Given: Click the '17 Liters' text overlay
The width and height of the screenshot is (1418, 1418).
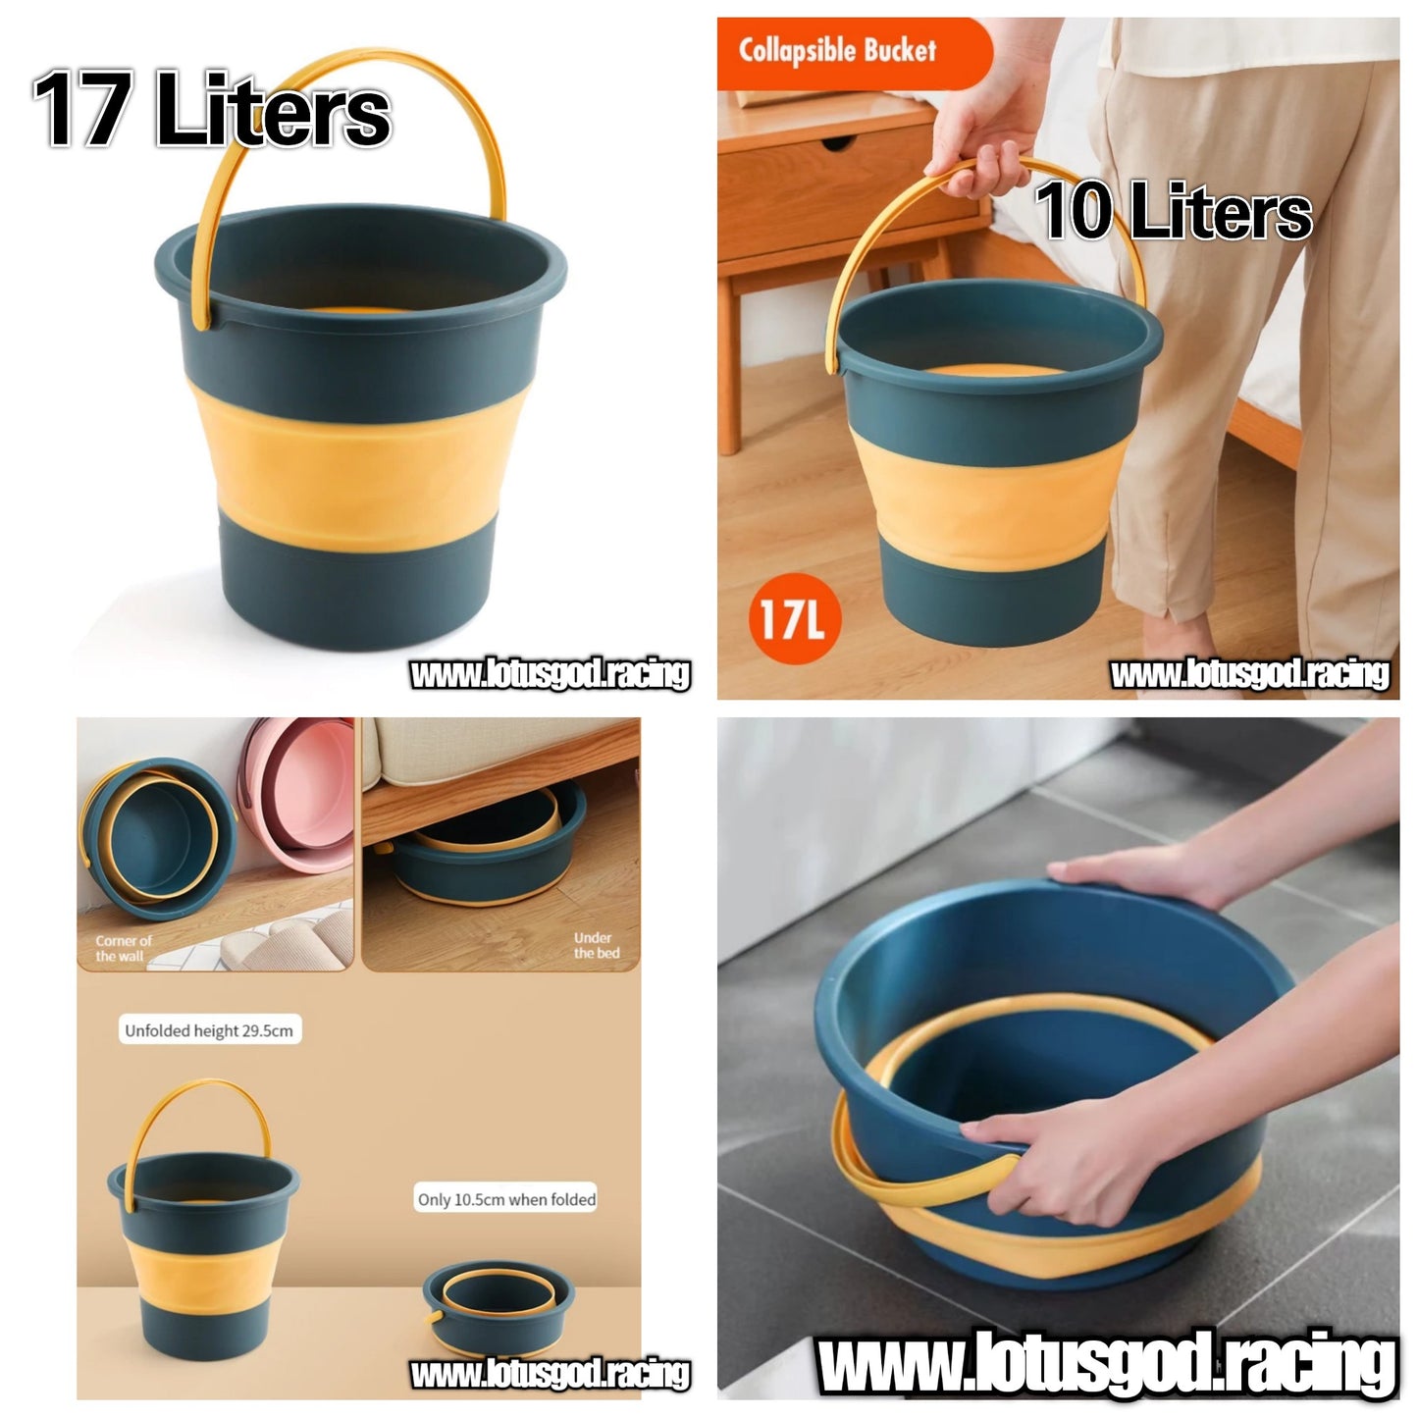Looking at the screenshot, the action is click(x=212, y=108).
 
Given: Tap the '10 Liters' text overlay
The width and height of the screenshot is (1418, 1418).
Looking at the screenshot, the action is click(x=1173, y=211).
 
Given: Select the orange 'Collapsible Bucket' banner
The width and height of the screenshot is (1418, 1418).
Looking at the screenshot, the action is click(x=854, y=53).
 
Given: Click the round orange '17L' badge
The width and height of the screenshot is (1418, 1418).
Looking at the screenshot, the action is click(x=794, y=619).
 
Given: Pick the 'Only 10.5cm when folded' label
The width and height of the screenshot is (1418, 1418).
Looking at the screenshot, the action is click(x=506, y=1200).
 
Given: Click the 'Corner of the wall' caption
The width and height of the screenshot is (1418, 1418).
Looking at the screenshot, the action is click(x=123, y=949).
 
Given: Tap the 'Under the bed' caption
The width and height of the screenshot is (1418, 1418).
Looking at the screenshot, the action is click(x=596, y=946).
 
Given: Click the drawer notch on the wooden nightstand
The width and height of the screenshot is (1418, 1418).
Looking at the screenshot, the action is click(x=837, y=142).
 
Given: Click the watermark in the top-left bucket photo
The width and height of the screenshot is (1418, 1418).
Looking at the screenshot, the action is click(x=551, y=675).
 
